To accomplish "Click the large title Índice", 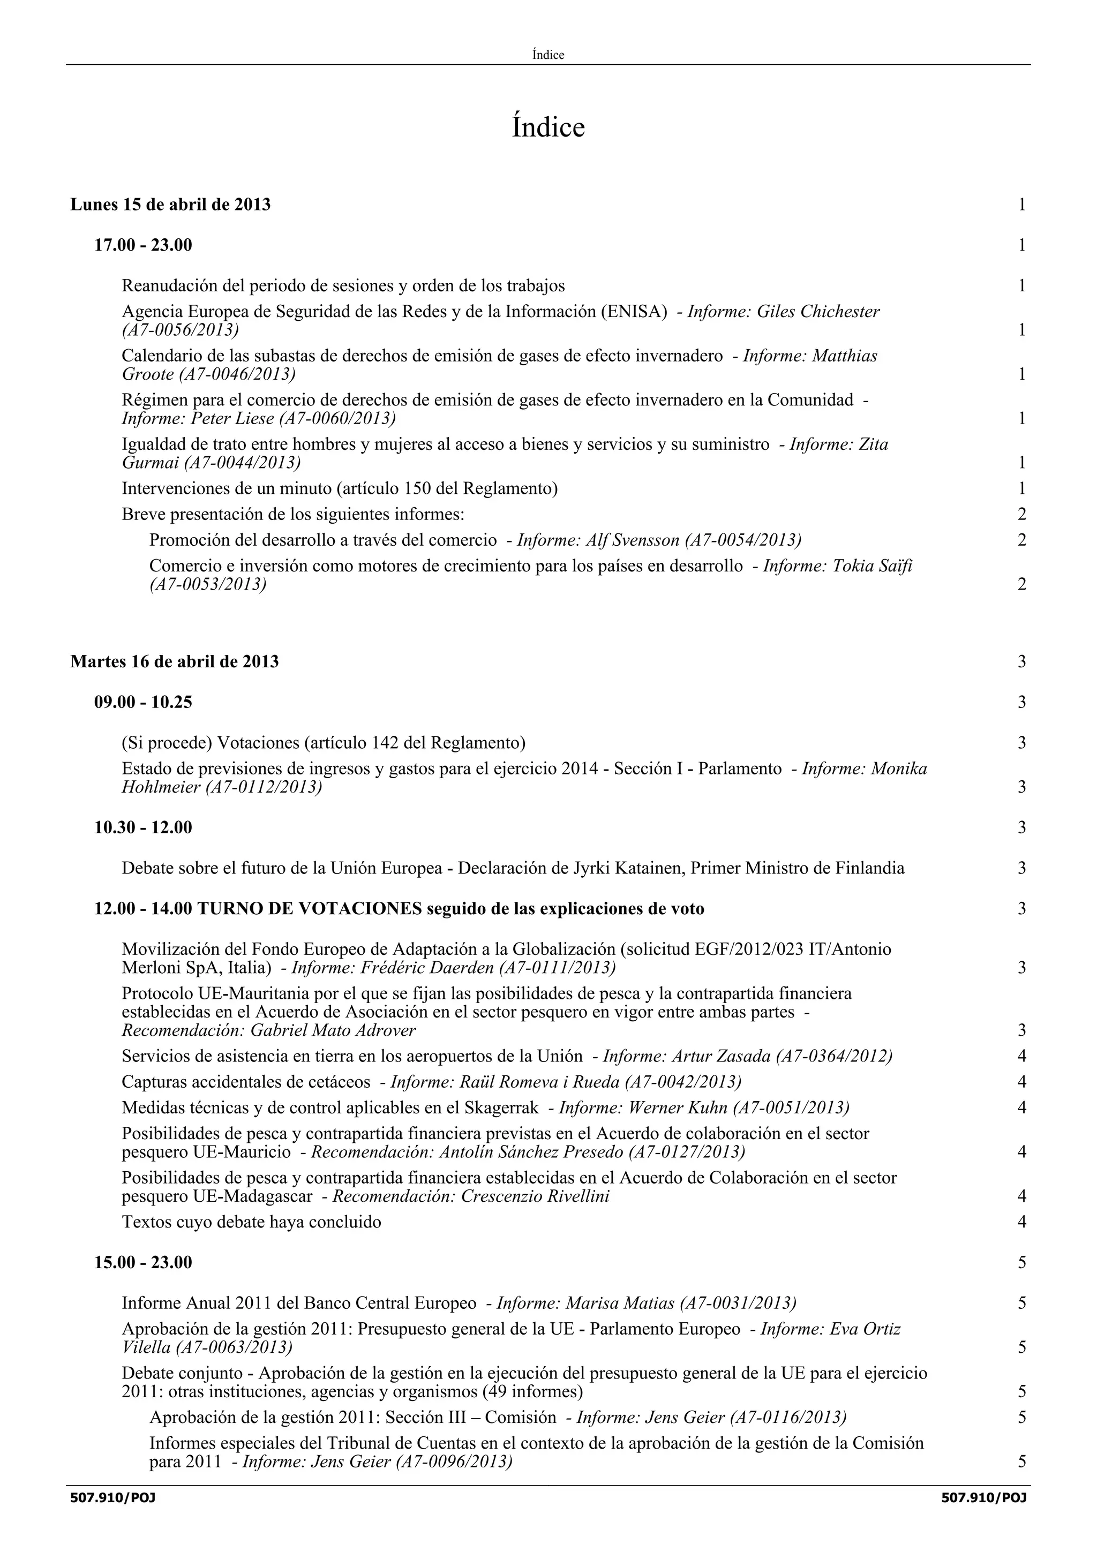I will (x=547, y=127).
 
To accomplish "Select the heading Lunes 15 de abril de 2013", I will (x=170, y=205).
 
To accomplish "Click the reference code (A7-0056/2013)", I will (x=180, y=330).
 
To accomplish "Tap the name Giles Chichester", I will (x=818, y=312).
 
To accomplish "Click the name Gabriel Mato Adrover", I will (x=333, y=1031).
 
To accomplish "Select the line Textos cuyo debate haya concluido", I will (x=251, y=1222).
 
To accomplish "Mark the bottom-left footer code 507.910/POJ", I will (x=113, y=1498).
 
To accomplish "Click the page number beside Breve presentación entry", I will (x=1021, y=515).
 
